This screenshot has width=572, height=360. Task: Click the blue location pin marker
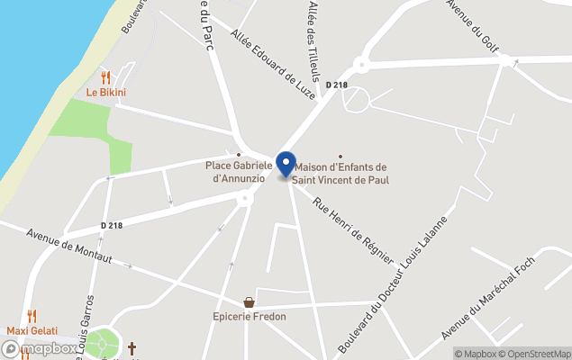[286, 165]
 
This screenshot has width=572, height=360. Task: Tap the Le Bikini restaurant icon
[105, 77]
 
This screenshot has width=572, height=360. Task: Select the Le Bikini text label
[105, 93]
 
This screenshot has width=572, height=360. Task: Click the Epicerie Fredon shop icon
[249, 302]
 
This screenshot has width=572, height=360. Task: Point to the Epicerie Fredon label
[250, 317]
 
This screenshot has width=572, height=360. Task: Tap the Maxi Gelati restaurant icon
[32, 316]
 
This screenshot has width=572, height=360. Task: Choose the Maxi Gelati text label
[31, 330]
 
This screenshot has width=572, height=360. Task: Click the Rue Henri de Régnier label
[353, 231]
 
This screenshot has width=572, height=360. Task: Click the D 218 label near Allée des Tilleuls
[336, 85]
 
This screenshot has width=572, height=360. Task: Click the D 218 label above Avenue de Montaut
[112, 225]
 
